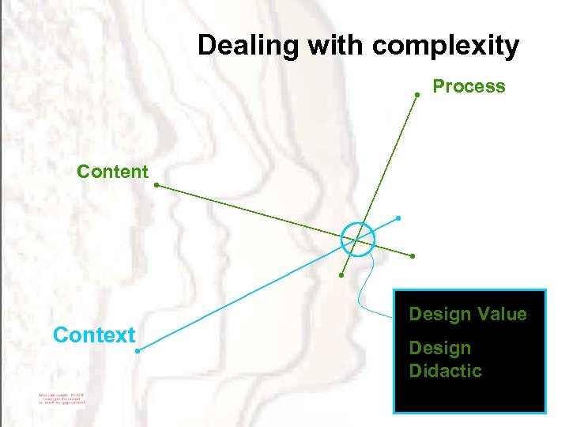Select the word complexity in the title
(x=446, y=46)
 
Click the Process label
(x=469, y=86)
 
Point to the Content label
(x=112, y=172)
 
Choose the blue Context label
(x=94, y=335)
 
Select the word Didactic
(x=445, y=371)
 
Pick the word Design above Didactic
(x=439, y=348)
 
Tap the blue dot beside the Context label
(x=137, y=350)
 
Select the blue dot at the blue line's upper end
(x=398, y=217)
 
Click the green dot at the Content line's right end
(x=413, y=256)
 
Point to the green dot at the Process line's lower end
(x=341, y=275)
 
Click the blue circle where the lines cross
(x=358, y=239)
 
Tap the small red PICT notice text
(x=60, y=397)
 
